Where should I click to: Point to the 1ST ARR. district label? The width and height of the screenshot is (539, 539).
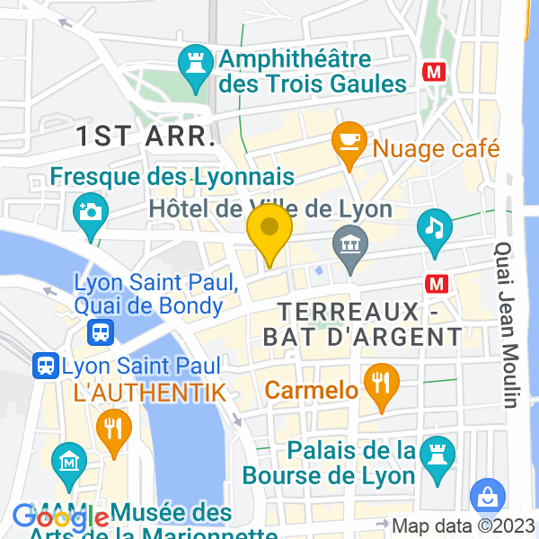click(x=145, y=137)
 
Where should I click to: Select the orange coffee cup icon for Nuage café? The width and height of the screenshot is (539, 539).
click(x=347, y=141)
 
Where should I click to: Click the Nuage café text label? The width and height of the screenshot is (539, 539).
click(x=436, y=147)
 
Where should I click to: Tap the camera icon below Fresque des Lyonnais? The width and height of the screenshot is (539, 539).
click(x=92, y=211)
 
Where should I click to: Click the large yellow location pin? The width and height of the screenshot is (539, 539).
click(x=269, y=232)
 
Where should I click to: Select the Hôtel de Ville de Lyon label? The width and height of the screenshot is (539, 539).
click(x=269, y=209)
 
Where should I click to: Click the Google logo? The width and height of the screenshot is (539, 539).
click(x=61, y=517)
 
